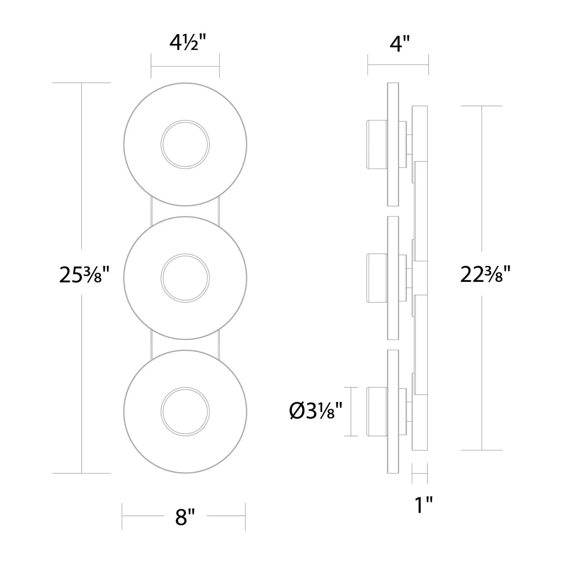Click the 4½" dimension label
click(188, 43)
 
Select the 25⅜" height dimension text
click(84, 275)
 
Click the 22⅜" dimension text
click(485, 274)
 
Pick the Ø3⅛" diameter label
click(316, 411)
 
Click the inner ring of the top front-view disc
click(185, 121)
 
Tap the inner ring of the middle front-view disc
click(185, 254)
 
